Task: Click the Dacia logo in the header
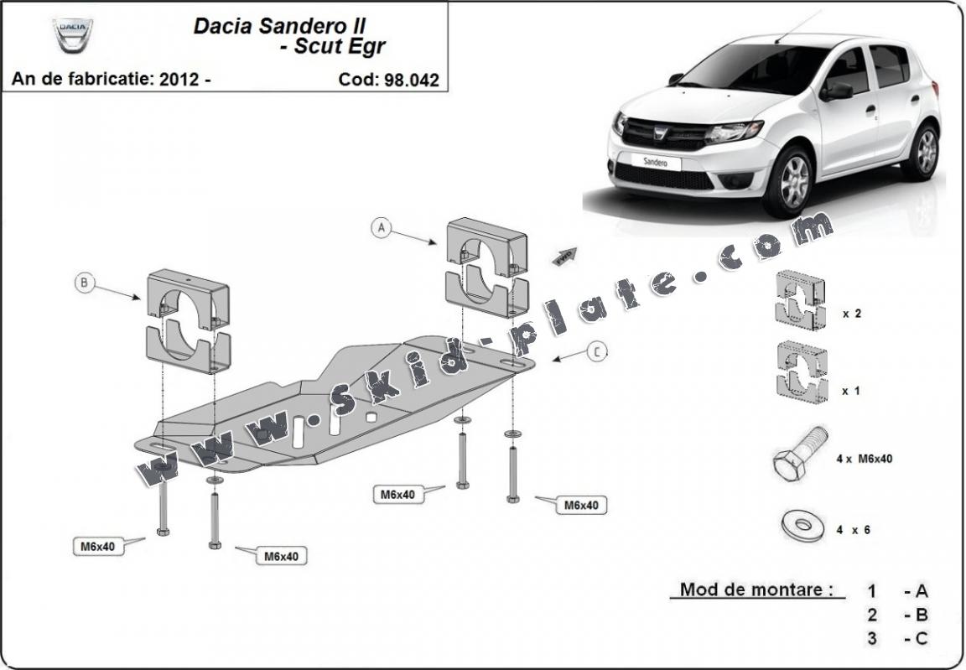pos(73,34)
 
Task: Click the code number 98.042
pos(412,80)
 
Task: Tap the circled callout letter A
pos(382,227)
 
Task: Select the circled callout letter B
pos(84,283)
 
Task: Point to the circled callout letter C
pos(596,352)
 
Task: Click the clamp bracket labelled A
pos(486,266)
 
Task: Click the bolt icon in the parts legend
pos(799,453)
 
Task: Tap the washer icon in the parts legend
pos(802,526)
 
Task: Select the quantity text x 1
pos(851,391)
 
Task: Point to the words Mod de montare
pos(750,589)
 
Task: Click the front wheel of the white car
pos(789,179)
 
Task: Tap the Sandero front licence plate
pos(656,161)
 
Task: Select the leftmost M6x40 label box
pos(97,547)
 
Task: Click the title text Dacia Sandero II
pos(279,25)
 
